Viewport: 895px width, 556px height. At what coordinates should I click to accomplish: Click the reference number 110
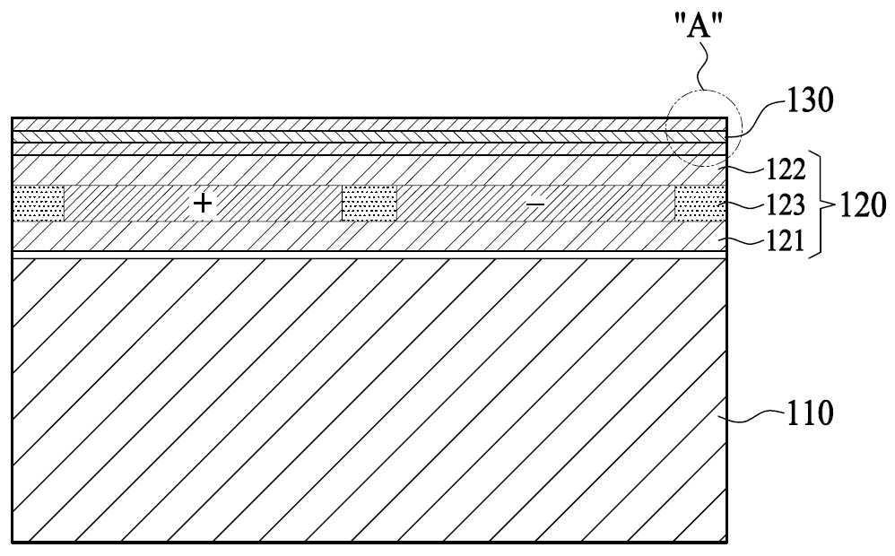[x=810, y=413]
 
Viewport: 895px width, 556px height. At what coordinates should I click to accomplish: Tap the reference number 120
[x=863, y=204]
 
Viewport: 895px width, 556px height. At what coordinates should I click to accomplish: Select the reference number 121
[x=786, y=241]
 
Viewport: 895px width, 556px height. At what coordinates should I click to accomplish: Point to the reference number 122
[x=786, y=169]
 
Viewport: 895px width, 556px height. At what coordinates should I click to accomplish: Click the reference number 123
[x=786, y=205]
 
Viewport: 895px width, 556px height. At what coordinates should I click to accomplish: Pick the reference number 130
[x=811, y=100]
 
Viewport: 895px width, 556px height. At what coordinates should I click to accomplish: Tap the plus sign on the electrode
[x=203, y=203]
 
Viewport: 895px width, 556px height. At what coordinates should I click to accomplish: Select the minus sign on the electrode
[x=534, y=204]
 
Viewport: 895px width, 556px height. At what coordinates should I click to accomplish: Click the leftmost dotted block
[x=39, y=204]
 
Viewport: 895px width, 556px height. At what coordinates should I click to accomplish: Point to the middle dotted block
[x=369, y=204]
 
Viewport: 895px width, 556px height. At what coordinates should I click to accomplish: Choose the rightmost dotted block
[x=700, y=204]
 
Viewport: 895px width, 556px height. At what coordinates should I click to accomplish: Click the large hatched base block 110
[x=369, y=400]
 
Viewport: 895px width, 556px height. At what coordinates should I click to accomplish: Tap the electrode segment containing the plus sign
[x=203, y=204]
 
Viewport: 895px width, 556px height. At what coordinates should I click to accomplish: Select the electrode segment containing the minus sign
[x=535, y=204]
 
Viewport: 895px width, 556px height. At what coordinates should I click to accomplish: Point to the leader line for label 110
[x=751, y=417]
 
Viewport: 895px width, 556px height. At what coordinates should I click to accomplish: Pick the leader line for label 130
[x=754, y=117]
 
